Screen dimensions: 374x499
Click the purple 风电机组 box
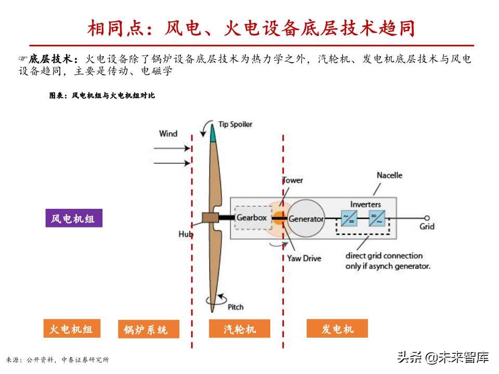coord(73,218)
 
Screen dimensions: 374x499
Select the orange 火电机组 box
coord(71,329)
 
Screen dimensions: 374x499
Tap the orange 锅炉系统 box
coord(148,329)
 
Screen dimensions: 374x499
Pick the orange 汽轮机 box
coord(240,329)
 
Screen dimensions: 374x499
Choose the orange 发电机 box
coord(337,329)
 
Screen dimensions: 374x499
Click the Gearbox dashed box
coord(253,218)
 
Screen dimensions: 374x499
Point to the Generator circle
coord(306,218)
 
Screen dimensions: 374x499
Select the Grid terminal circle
coord(427,218)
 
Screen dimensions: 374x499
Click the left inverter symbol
coord(348,218)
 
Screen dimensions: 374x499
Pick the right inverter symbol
coord(377,218)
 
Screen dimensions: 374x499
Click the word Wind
coord(168,134)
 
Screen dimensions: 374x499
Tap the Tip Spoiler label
coord(235,124)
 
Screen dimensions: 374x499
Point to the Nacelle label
coord(389,176)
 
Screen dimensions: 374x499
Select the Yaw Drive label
coord(304,258)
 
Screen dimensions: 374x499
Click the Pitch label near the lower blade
coord(235,307)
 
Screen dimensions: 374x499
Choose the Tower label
coord(292,180)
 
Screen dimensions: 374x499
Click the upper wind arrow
coord(173,148)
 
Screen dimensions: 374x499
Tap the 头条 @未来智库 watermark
coord(443,357)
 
